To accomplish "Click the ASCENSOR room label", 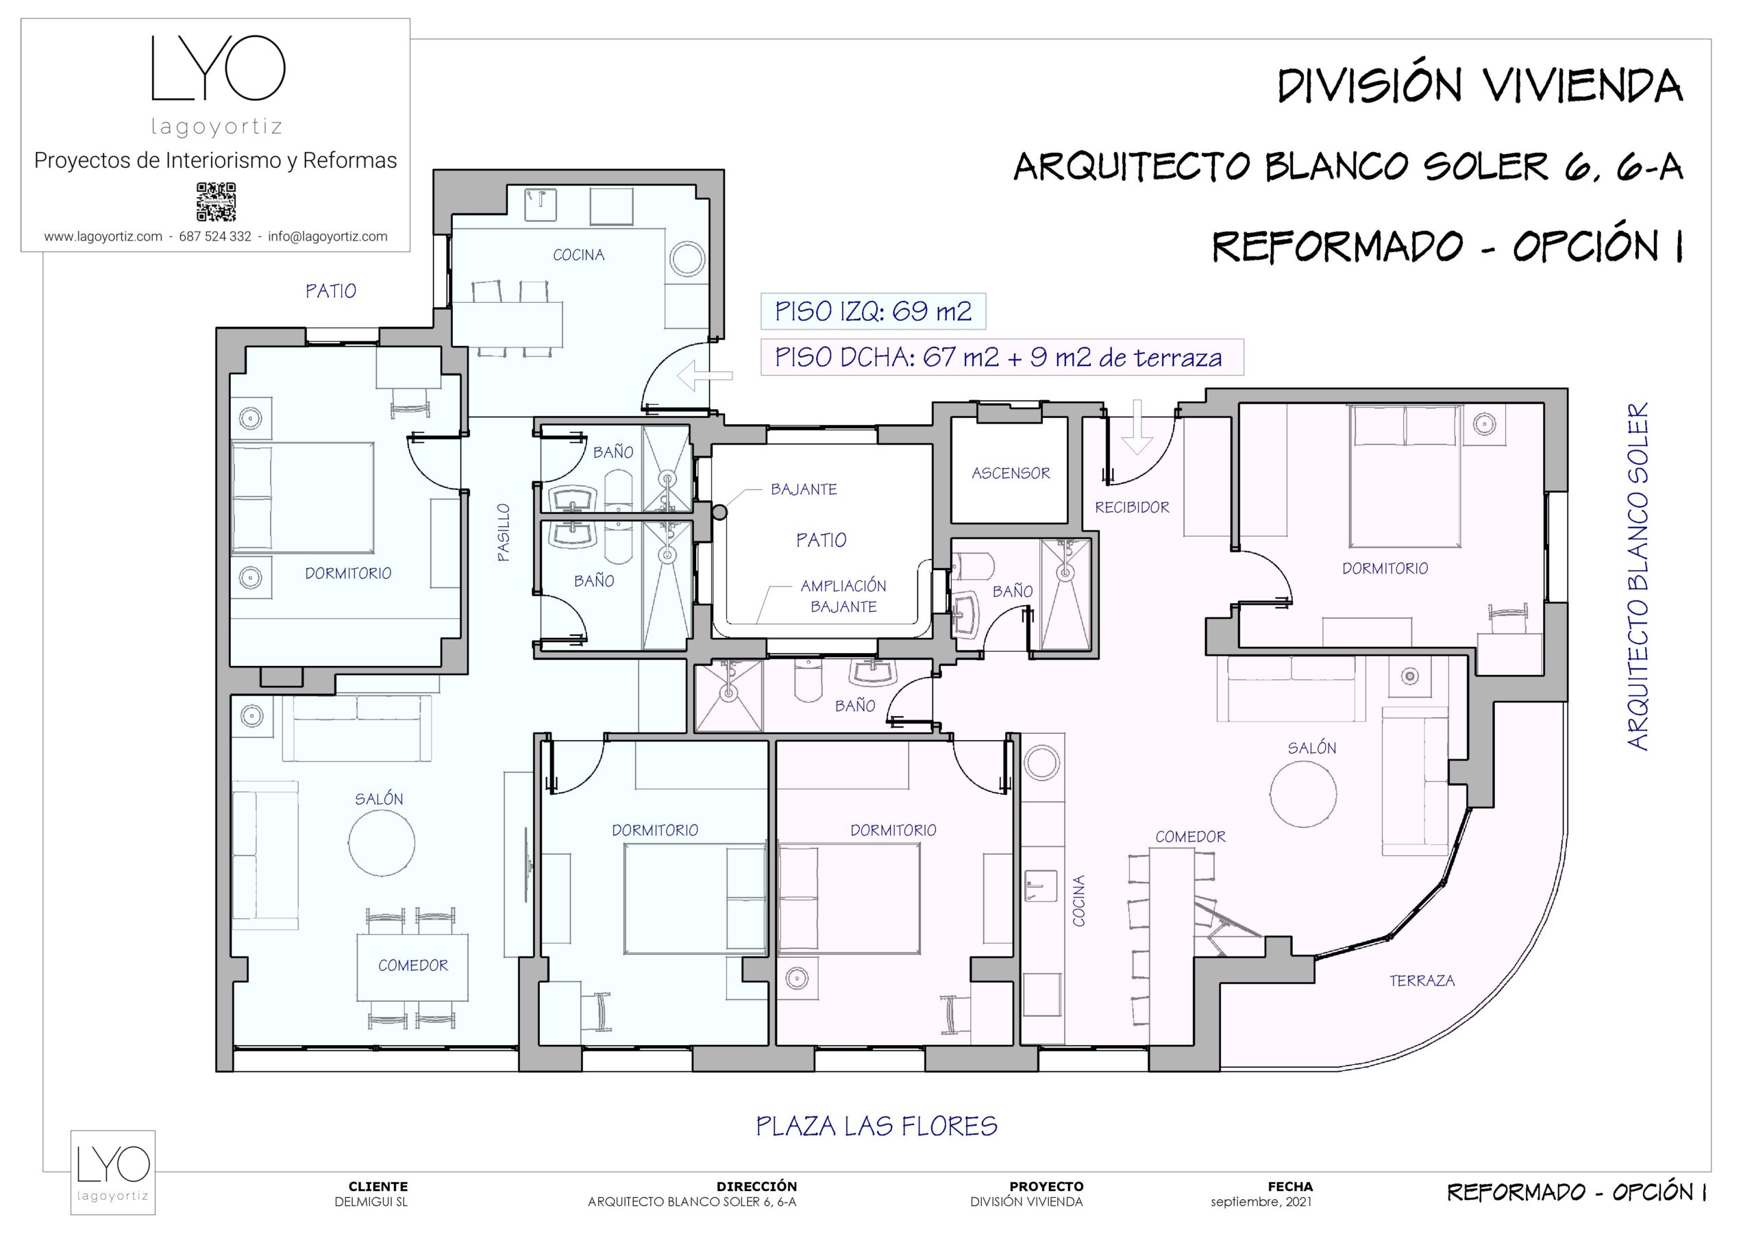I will (1010, 473).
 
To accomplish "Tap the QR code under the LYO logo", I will (217, 201).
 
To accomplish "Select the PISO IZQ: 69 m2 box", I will (872, 311).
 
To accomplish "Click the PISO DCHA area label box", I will (1001, 357).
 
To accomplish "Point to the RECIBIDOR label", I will (1131, 507).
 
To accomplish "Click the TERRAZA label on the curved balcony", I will (1421, 981).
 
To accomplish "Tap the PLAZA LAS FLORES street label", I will (876, 1126).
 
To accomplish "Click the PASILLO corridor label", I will (504, 532).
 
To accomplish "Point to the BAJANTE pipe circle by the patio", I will (718, 513).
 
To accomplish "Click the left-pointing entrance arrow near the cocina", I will (704, 376).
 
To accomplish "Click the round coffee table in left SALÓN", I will (381, 844).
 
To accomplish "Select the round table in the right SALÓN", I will (1303, 795).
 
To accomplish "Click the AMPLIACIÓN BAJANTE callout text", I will (843, 596).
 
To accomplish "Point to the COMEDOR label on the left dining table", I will (412, 965).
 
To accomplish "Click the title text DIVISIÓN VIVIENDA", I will (1480, 86).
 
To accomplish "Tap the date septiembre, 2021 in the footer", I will (1261, 1202).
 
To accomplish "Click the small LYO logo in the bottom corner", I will (113, 1172).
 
